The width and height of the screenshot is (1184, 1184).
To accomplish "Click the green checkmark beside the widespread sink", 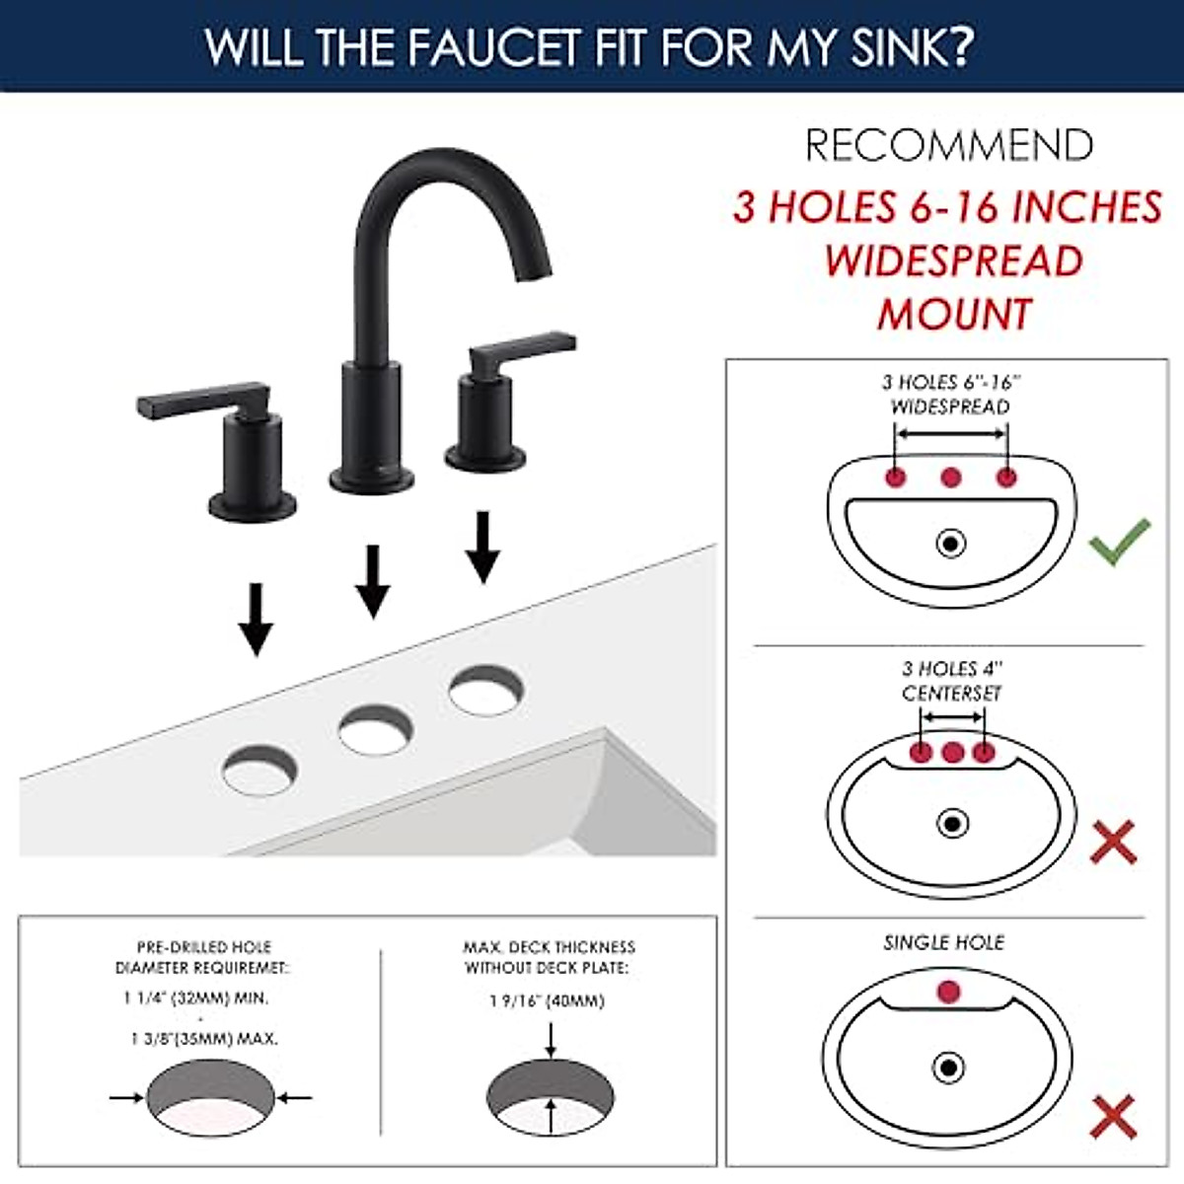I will point(1119,542).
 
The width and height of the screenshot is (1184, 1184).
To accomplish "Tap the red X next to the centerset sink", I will point(1113,843).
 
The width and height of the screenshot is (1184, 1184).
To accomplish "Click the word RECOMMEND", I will point(949,146).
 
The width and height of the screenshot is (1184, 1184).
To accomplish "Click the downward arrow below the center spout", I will point(372,582).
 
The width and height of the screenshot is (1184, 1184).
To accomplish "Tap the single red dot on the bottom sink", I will point(948,991).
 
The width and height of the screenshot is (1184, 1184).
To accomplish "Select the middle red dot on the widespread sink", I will point(950,478).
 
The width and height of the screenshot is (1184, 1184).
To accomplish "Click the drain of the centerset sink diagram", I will point(952,822).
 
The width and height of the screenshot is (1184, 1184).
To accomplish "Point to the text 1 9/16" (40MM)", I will point(547,1000).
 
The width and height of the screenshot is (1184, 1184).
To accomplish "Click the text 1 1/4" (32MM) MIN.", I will point(195,999).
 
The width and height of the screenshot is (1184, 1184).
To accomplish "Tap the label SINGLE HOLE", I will point(943,942).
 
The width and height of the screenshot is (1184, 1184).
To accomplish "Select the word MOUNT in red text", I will point(954,315).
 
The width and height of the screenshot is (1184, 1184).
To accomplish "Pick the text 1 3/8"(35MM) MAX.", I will point(204,1039).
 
